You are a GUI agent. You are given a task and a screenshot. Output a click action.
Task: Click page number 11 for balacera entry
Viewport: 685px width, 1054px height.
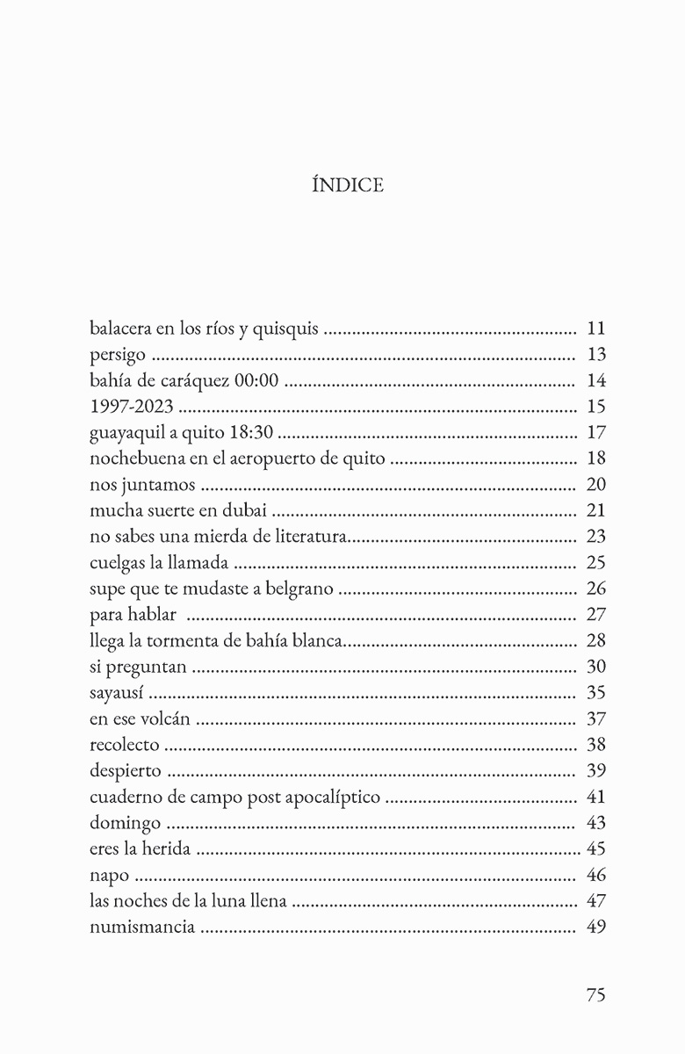(x=595, y=330)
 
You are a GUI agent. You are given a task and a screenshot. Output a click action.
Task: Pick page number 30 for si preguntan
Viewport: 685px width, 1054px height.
(x=595, y=667)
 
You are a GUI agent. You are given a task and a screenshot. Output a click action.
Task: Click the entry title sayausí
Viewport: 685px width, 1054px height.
(x=119, y=692)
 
